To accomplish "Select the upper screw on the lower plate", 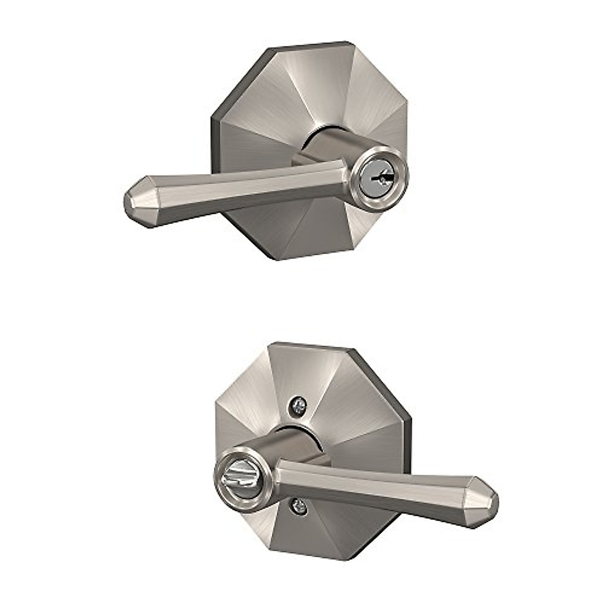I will (x=298, y=406).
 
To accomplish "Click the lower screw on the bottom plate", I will (x=298, y=506).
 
